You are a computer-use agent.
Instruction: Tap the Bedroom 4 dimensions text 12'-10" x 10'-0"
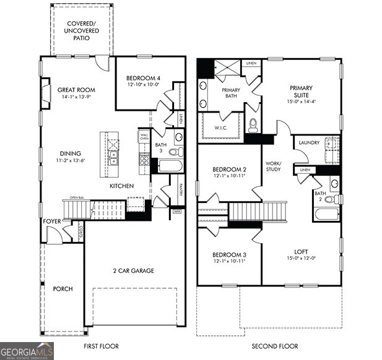[143, 85]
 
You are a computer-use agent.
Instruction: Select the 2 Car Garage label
[133, 270]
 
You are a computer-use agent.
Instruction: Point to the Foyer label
[52, 221]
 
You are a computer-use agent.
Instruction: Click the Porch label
[63, 289]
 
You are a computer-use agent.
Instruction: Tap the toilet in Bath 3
[173, 152]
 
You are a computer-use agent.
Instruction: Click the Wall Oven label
[144, 137]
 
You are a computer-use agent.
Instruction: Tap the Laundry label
[309, 143]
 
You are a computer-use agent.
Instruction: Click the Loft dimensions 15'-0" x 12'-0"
[301, 259]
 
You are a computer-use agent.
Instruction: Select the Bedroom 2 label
[230, 169]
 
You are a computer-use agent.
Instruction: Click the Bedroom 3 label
[230, 254]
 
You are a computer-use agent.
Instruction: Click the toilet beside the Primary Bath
[253, 124]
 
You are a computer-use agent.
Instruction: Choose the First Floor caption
[101, 346]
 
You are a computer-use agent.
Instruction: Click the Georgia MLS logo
[27, 351]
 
